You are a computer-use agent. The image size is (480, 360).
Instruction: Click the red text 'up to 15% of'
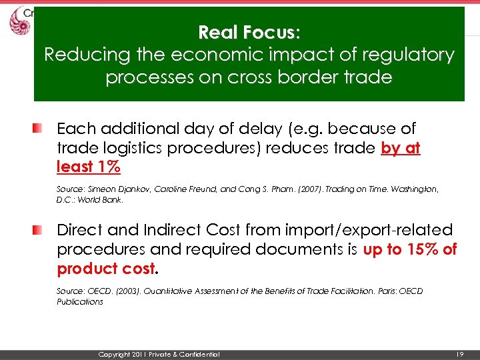[x=410, y=250]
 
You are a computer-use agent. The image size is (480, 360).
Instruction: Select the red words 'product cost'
[x=106, y=269]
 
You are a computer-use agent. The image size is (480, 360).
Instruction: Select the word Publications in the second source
[x=80, y=301]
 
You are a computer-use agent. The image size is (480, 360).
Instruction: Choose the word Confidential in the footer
[x=198, y=354]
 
